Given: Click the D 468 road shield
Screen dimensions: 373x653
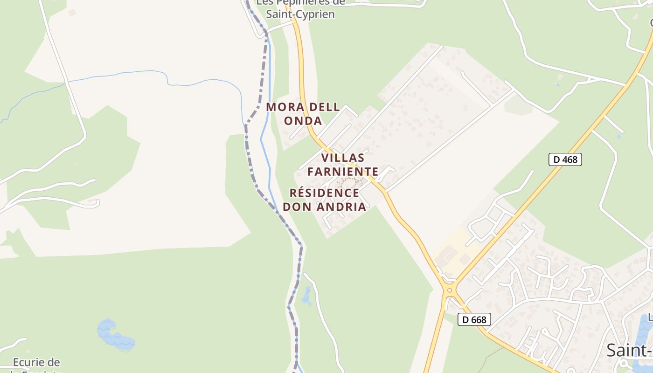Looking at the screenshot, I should coord(565,159).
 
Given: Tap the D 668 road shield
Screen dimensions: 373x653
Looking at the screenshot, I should coord(474,319).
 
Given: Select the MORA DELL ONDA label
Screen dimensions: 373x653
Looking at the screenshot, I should coord(303,114).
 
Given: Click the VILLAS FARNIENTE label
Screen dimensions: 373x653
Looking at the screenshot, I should coord(342,165).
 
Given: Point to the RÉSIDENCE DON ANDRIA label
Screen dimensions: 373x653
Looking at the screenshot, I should coord(327,200).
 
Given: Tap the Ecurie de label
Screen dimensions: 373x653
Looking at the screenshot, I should coord(36,362).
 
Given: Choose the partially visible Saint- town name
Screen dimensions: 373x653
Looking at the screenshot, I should coord(629,350).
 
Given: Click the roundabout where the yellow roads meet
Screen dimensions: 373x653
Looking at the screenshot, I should coord(450,290).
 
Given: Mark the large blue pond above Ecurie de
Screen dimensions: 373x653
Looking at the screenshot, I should coord(114,334).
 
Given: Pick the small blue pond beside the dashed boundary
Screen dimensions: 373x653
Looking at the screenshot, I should coord(306,297).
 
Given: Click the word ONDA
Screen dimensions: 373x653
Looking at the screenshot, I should coord(303,121).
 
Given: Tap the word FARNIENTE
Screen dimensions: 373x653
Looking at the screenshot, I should coord(343,172).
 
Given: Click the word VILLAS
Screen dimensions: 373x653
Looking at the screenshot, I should coord(343,158).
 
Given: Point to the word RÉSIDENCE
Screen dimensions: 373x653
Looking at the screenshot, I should coord(324,193).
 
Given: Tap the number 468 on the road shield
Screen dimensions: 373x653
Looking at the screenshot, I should coord(570,159).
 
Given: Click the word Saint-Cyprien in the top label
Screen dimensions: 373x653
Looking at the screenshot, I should coord(300,14).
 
